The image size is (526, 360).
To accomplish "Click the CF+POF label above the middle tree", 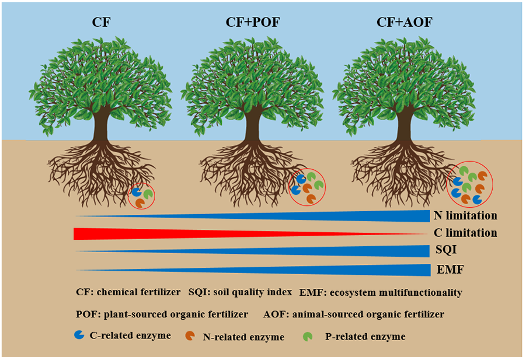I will (253, 24).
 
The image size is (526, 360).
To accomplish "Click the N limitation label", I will (465, 216).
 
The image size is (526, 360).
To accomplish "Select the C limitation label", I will (465, 233).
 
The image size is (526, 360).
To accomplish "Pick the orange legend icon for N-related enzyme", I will (189, 336).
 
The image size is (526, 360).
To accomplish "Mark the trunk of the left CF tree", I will (101, 125).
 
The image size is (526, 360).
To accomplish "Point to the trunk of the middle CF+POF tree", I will (253, 125).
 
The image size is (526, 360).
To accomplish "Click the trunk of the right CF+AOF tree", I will (404, 125).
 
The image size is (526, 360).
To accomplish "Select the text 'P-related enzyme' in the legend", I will (365, 337).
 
